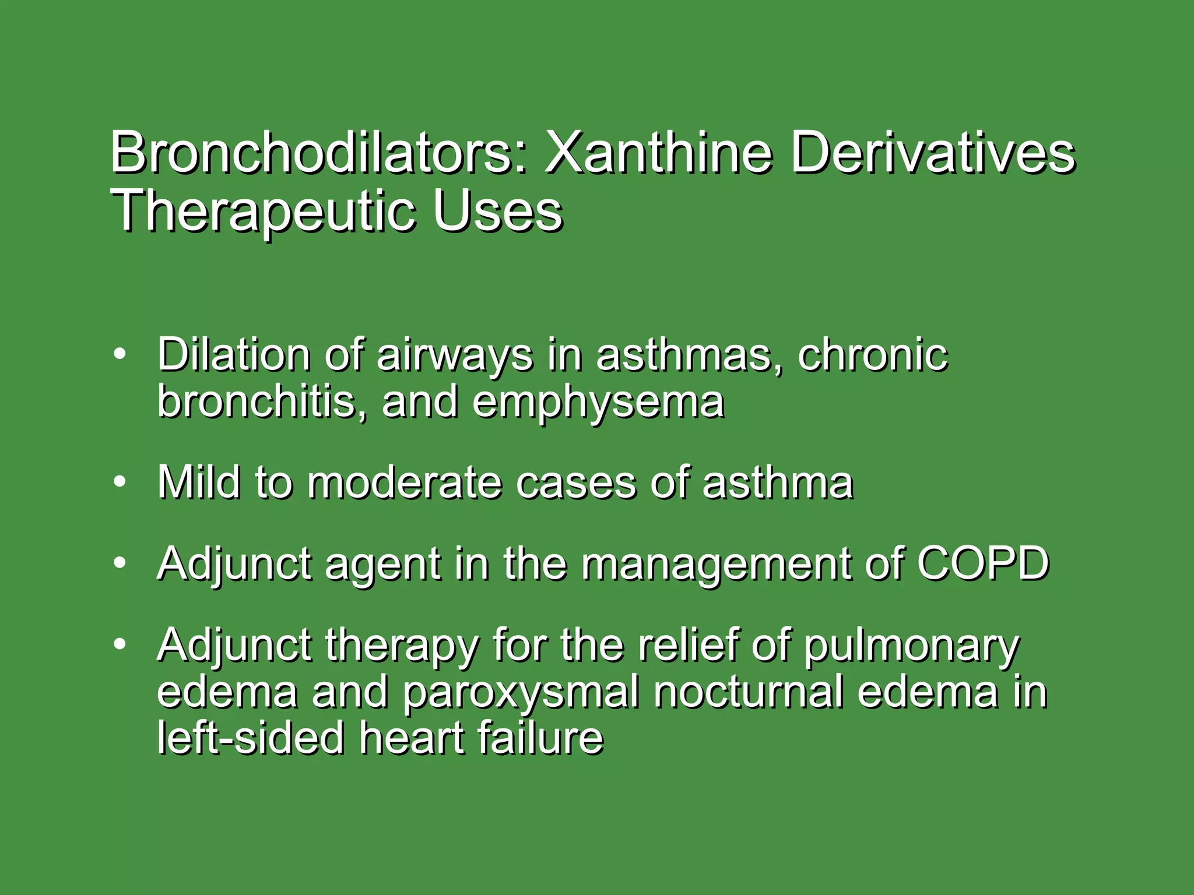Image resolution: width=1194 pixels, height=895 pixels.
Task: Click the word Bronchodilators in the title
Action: click(x=318, y=153)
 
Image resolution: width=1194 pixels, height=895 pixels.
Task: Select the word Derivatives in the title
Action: click(x=932, y=153)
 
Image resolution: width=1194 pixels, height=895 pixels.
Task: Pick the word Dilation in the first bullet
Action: click(x=233, y=354)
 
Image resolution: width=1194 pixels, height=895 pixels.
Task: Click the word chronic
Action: click(x=873, y=354)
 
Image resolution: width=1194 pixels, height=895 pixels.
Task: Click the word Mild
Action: click(x=198, y=482)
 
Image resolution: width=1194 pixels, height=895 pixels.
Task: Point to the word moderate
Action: click(x=404, y=484)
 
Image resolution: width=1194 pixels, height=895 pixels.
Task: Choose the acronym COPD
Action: click(x=983, y=563)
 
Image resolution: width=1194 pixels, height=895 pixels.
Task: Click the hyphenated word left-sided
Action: click(x=251, y=738)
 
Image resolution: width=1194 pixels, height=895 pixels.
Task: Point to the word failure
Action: click(x=540, y=738)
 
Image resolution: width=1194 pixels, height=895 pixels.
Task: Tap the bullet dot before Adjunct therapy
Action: click(x=120, y=644)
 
